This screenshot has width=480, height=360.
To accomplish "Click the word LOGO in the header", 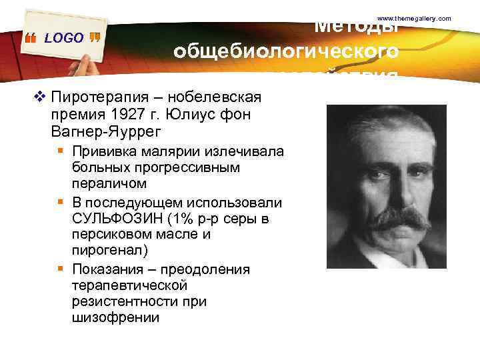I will point(64,39).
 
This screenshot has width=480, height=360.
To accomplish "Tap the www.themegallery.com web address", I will point(415,18).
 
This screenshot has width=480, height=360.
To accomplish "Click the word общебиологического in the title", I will point(286,51).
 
